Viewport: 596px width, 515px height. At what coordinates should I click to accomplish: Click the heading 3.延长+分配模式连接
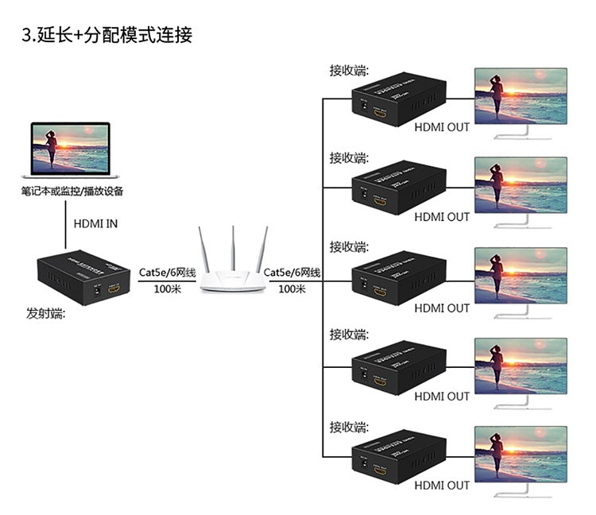coord(106,34)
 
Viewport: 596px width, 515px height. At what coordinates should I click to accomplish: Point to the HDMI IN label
coord(95,223)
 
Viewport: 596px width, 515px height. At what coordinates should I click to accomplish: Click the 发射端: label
coord(46,315)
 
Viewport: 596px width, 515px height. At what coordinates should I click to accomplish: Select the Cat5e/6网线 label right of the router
coord(292,273)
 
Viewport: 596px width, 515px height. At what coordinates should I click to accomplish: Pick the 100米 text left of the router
coord(168,290)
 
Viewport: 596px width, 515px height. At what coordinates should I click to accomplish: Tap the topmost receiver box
coord(397,99)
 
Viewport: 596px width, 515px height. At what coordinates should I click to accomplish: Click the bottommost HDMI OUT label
coord(442,485)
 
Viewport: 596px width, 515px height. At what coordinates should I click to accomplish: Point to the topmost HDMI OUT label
coord(442,126)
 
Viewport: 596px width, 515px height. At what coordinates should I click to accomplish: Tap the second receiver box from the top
coord(397,188)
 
